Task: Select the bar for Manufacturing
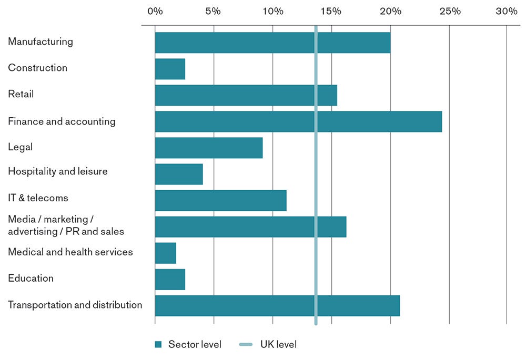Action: point(272,43)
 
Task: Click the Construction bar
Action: point(170,69)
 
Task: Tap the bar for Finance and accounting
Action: point(298,121)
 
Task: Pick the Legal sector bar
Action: point(209,148)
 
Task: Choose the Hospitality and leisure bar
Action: point(179,174)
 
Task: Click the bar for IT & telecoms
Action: point(220,200)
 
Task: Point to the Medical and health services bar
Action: point(165,253)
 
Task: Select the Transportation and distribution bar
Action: point(277,305)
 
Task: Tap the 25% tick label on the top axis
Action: point(450,11)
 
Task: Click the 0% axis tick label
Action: point(155,11)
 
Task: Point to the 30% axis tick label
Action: point(507,11)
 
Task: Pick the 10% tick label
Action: point(272,11)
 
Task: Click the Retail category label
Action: point(21,94)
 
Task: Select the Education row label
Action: point(31,278)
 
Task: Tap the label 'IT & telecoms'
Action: point(38,198)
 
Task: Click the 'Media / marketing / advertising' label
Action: point(66,225)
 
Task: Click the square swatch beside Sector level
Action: point(158,345)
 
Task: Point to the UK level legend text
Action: point(278,345)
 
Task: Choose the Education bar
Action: point(170,279)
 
